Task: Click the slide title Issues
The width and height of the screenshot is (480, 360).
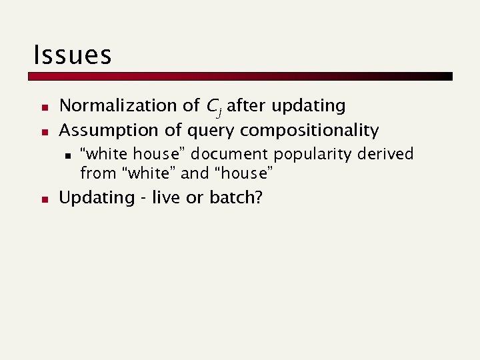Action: [x=72, y=54]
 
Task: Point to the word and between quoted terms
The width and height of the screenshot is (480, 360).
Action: [x=195, y=174]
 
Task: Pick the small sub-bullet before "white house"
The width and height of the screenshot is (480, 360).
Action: [x=67, y=155]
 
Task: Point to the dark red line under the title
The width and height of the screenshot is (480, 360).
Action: [x=240, y=76]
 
